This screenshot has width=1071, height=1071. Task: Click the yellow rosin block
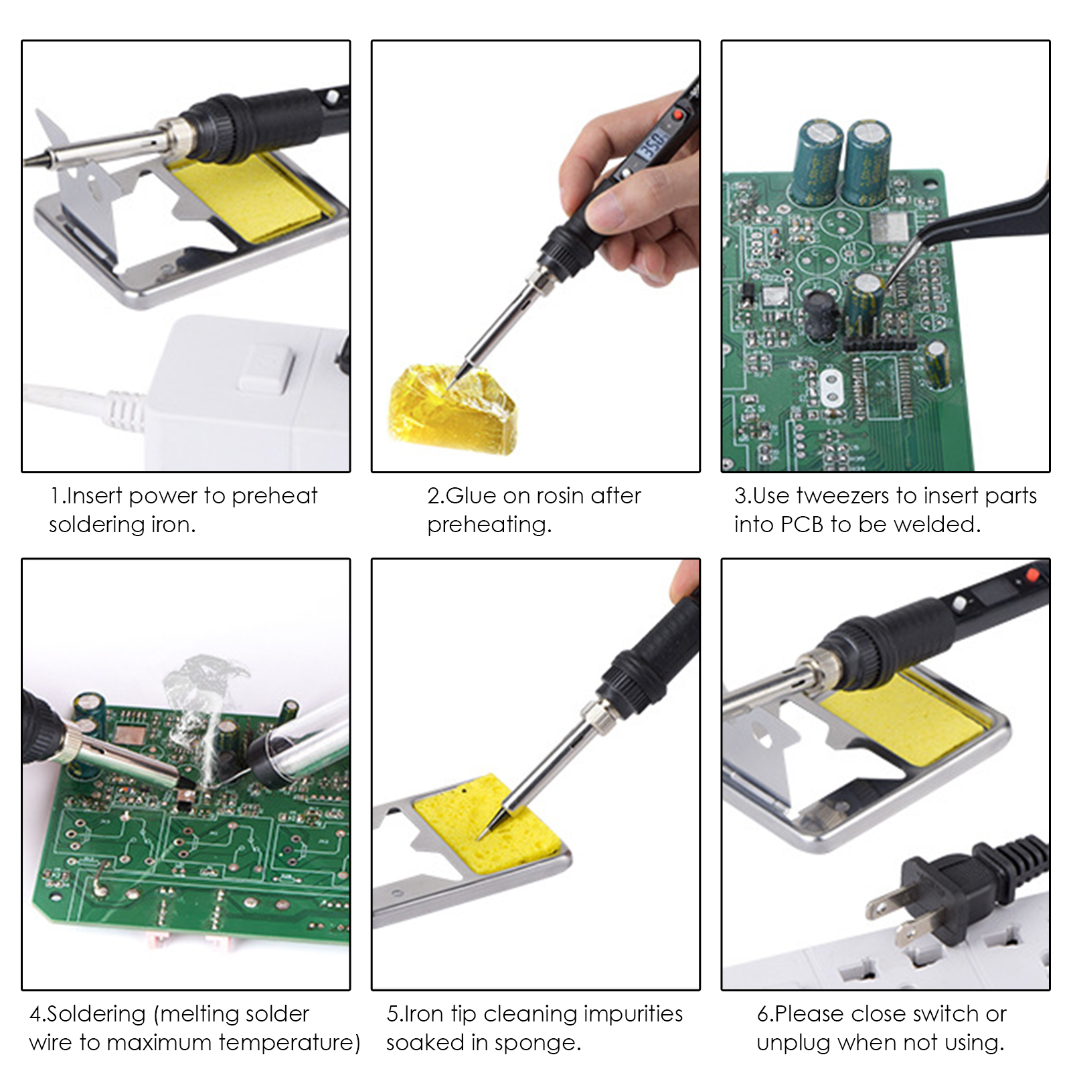click(x=452, y=409)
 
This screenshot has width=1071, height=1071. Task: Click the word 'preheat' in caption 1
click(x=274, y=497)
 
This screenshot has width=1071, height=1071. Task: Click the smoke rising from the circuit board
click(x=201, y=716)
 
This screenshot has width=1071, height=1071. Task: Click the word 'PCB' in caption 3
click(x=802, y=525)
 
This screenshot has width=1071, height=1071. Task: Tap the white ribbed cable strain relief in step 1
click(x=124, y=406)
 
